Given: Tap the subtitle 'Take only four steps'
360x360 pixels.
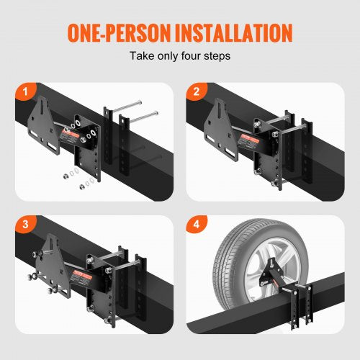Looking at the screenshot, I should click(180, 55).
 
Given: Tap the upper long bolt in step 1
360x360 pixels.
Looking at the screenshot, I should click(136, 108).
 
